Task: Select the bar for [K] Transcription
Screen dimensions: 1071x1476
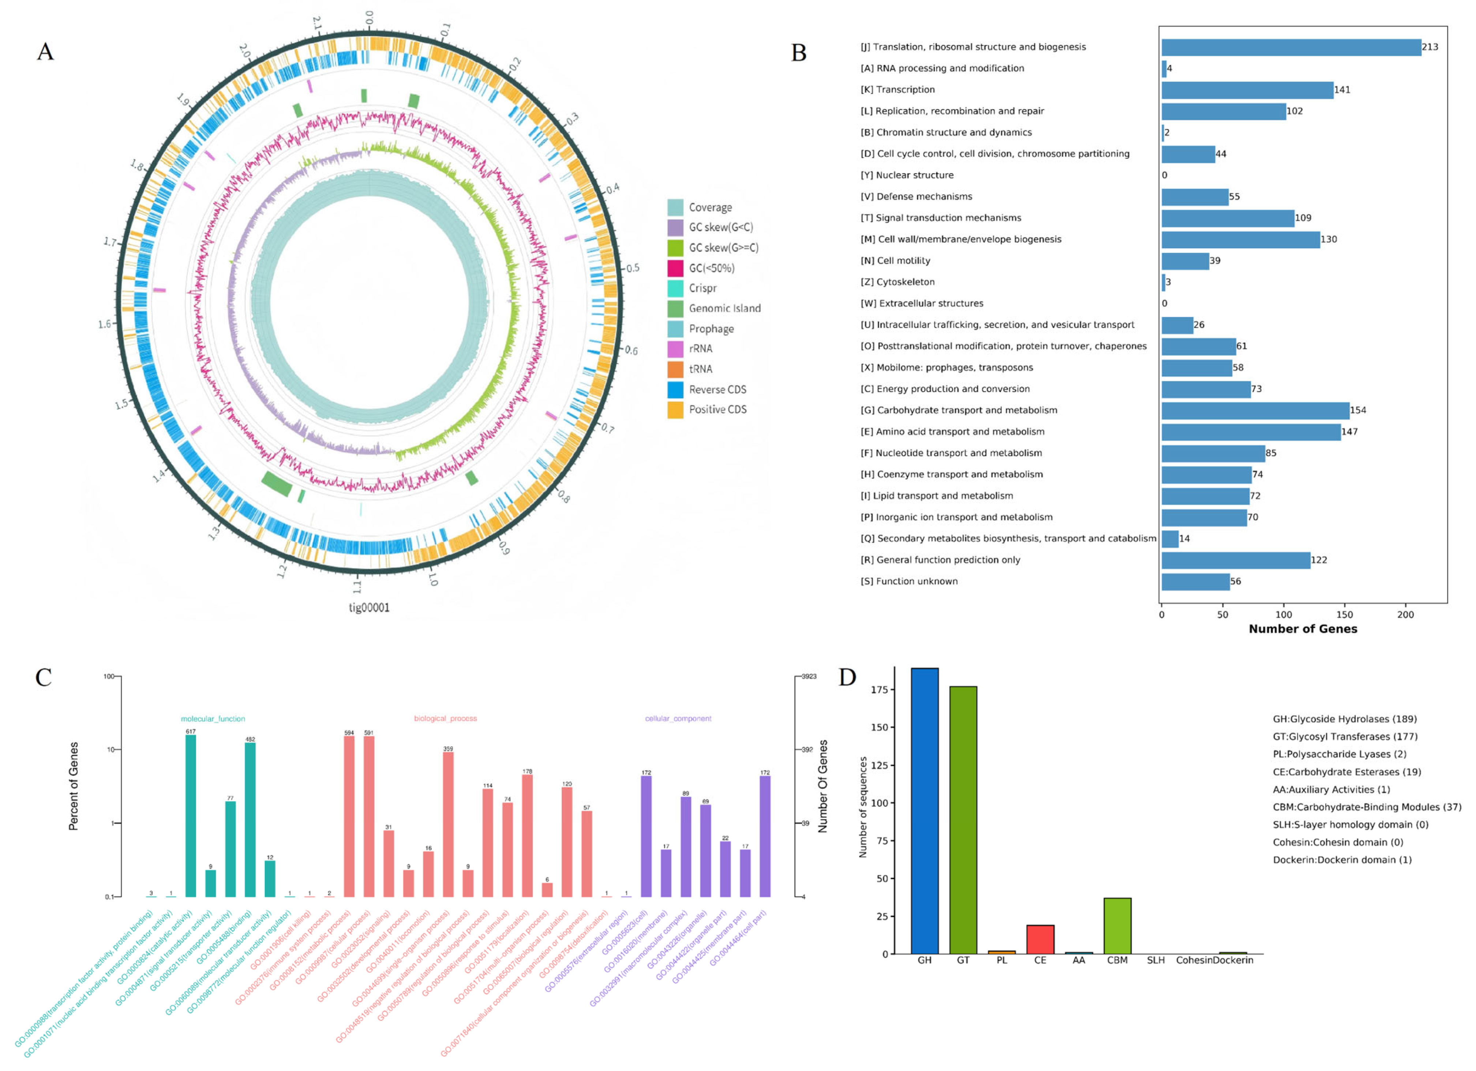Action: (1247, 90)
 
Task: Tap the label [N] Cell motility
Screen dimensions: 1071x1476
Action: (895, 260)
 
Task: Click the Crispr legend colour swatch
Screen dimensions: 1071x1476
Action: (675, 288)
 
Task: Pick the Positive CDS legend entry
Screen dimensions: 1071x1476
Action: (717, 409)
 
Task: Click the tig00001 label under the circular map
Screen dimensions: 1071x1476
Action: (369, 608)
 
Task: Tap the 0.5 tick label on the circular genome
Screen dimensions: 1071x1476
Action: (633, 268)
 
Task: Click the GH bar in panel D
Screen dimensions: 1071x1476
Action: (924, 811)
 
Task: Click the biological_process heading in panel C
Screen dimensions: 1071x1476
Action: (445, 719)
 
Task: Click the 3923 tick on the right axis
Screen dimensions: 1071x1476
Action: (808, 676)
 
